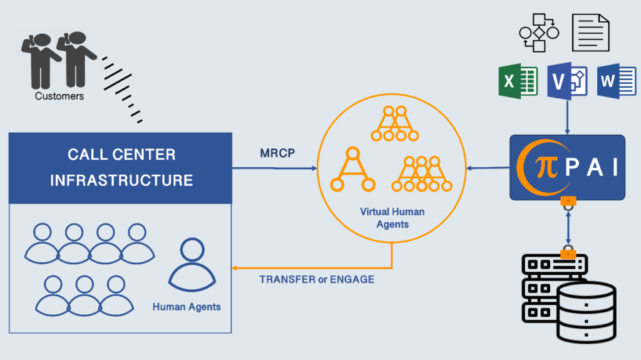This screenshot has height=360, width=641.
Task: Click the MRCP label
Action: [277, 153]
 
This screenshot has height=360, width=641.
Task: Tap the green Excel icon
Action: [518, 81]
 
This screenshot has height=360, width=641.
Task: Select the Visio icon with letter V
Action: [567, 81]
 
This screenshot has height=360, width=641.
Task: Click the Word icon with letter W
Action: [617, 81]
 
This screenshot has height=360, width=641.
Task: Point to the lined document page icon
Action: [591, 33]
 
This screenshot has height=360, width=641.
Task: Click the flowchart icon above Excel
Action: [539, 33]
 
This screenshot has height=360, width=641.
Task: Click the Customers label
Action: [59, 96]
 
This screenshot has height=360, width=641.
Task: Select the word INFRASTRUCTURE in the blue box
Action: [121, 180]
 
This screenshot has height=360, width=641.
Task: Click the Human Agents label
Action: [187, 307]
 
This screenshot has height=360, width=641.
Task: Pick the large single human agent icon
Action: [192, 265]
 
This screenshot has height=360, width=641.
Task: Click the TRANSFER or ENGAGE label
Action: [317, 279]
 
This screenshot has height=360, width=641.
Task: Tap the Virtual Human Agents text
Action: [392, 218]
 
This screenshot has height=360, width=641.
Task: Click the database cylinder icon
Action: [587, 312]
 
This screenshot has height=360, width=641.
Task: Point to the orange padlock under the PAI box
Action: [568, 203]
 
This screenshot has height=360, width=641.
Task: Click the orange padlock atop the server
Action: [568, 252]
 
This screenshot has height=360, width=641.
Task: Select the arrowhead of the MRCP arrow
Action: [314, 168]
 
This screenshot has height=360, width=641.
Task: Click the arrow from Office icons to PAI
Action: [567, 118]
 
